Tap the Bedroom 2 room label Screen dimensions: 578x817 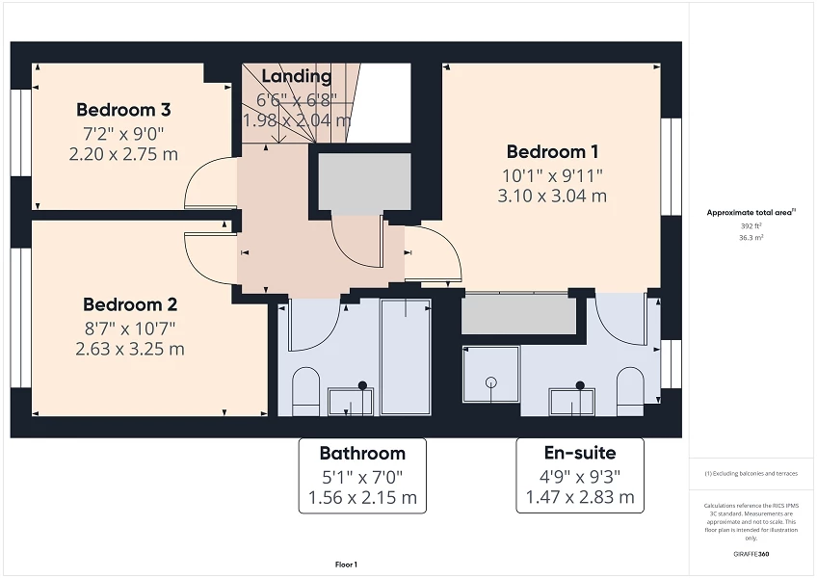(129, 304)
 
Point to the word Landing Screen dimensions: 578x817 (296, 76)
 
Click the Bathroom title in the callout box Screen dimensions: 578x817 (362, 453)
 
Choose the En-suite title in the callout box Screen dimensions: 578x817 (579, 453)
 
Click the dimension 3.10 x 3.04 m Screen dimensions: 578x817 (552, 196)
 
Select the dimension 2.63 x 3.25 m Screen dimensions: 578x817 (129, 349)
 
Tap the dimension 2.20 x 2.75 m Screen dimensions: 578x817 (122, 154)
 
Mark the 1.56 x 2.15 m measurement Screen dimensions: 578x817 (362, 497)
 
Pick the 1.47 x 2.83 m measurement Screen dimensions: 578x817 (579, 497)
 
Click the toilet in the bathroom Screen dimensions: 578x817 (305, 391)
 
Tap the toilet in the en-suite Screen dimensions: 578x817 (630, 390)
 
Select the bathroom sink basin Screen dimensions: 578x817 (350, 401)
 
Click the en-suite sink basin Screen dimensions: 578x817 (571, 401)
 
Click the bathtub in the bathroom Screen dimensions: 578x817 (405, 356)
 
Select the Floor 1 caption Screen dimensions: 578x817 (346, 565)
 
